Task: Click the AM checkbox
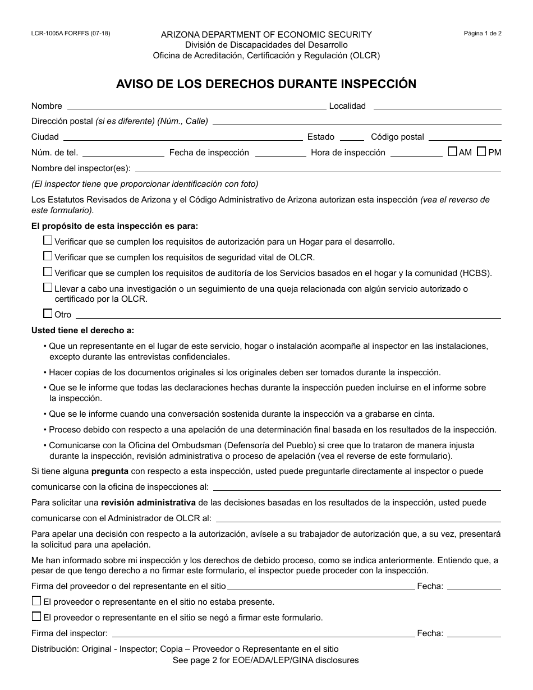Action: [453, 151]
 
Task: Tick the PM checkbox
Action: [481, 151]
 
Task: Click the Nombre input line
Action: [196, 106]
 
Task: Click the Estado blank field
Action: [352, 137]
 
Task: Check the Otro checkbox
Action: [48, 314]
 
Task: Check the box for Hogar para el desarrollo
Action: [48, 241]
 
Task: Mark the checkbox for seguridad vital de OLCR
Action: [48, 256]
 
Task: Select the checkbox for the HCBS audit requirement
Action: [48, 272]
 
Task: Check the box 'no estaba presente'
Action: [36, 601]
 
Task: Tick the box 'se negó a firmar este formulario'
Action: [36, 617]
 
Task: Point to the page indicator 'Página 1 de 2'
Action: [483, 33]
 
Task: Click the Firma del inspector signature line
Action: [263, 634]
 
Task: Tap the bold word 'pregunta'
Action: [110, 471]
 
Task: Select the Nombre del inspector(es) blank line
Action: [318, 168]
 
